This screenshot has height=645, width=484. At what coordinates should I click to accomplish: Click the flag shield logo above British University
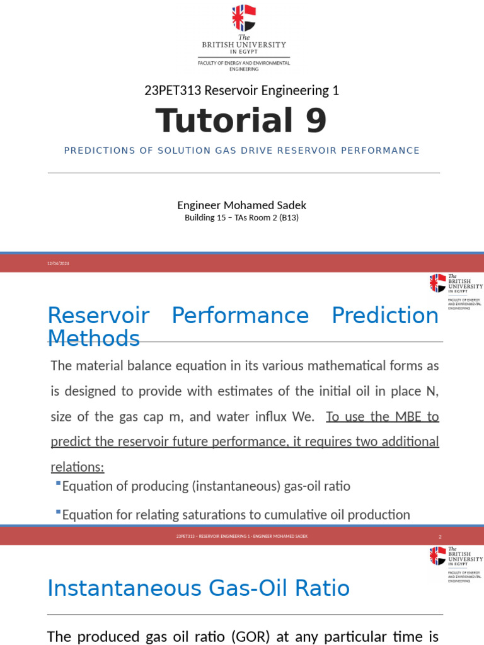(x=243, y=18)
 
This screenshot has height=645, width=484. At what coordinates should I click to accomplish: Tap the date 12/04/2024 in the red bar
(x=58, y=263)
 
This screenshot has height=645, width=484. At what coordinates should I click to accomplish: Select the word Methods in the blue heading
(x=93, y=339)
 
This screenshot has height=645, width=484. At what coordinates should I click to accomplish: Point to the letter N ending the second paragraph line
(x=432, y=391)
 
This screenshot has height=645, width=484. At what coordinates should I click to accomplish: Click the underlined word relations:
(x=77, y=466)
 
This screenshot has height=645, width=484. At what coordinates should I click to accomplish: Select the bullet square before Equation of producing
(x=58, y=484)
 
